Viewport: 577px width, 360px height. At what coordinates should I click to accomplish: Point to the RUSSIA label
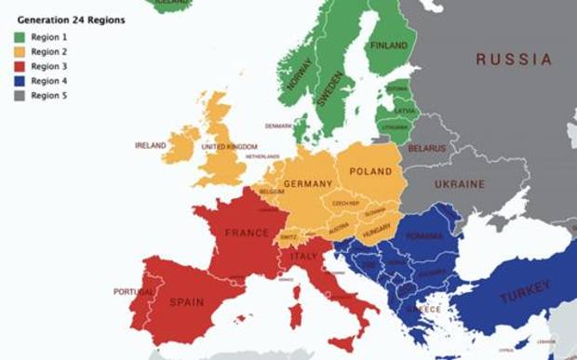point(514,60)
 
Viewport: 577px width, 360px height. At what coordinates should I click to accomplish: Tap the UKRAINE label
point(459,184)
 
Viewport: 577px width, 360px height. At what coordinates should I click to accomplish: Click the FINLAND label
point(389,45)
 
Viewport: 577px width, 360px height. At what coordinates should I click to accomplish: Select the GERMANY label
point(308,183)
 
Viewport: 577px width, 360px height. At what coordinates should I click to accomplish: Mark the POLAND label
point(370,172)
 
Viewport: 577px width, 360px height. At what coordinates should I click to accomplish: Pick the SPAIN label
point(186,302)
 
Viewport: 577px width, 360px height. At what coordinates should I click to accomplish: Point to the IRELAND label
point(151,145)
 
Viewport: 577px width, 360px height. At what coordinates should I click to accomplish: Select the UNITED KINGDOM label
point(228,146)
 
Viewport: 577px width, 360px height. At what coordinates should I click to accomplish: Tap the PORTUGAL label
point(134,291)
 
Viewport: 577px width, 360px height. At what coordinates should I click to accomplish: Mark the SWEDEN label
point(329,89)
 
